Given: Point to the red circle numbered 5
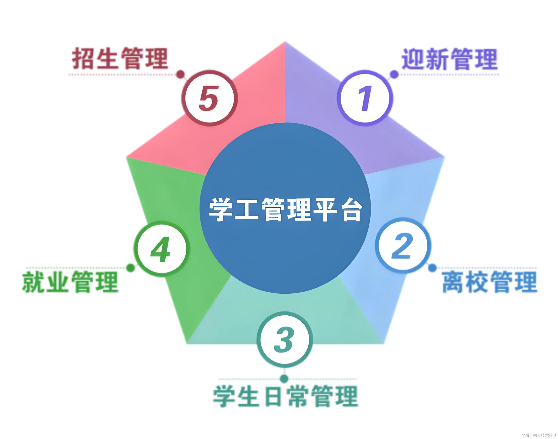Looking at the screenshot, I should coord(209,98).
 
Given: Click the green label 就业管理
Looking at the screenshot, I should coord(70,283).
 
